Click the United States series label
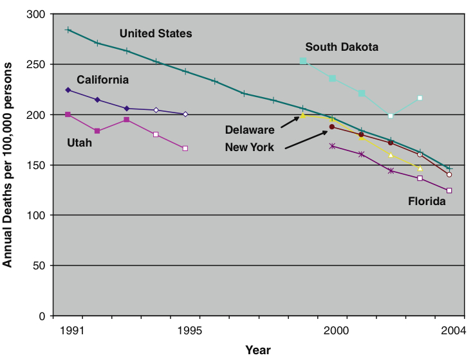156,33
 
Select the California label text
103,80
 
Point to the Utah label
80,143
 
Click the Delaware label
250,130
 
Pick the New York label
250,147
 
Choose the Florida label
427,201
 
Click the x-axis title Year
258,350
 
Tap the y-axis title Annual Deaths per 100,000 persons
8,165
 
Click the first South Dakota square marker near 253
303,61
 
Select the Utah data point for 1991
68,114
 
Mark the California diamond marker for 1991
68,90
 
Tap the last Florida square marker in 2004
449,190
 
